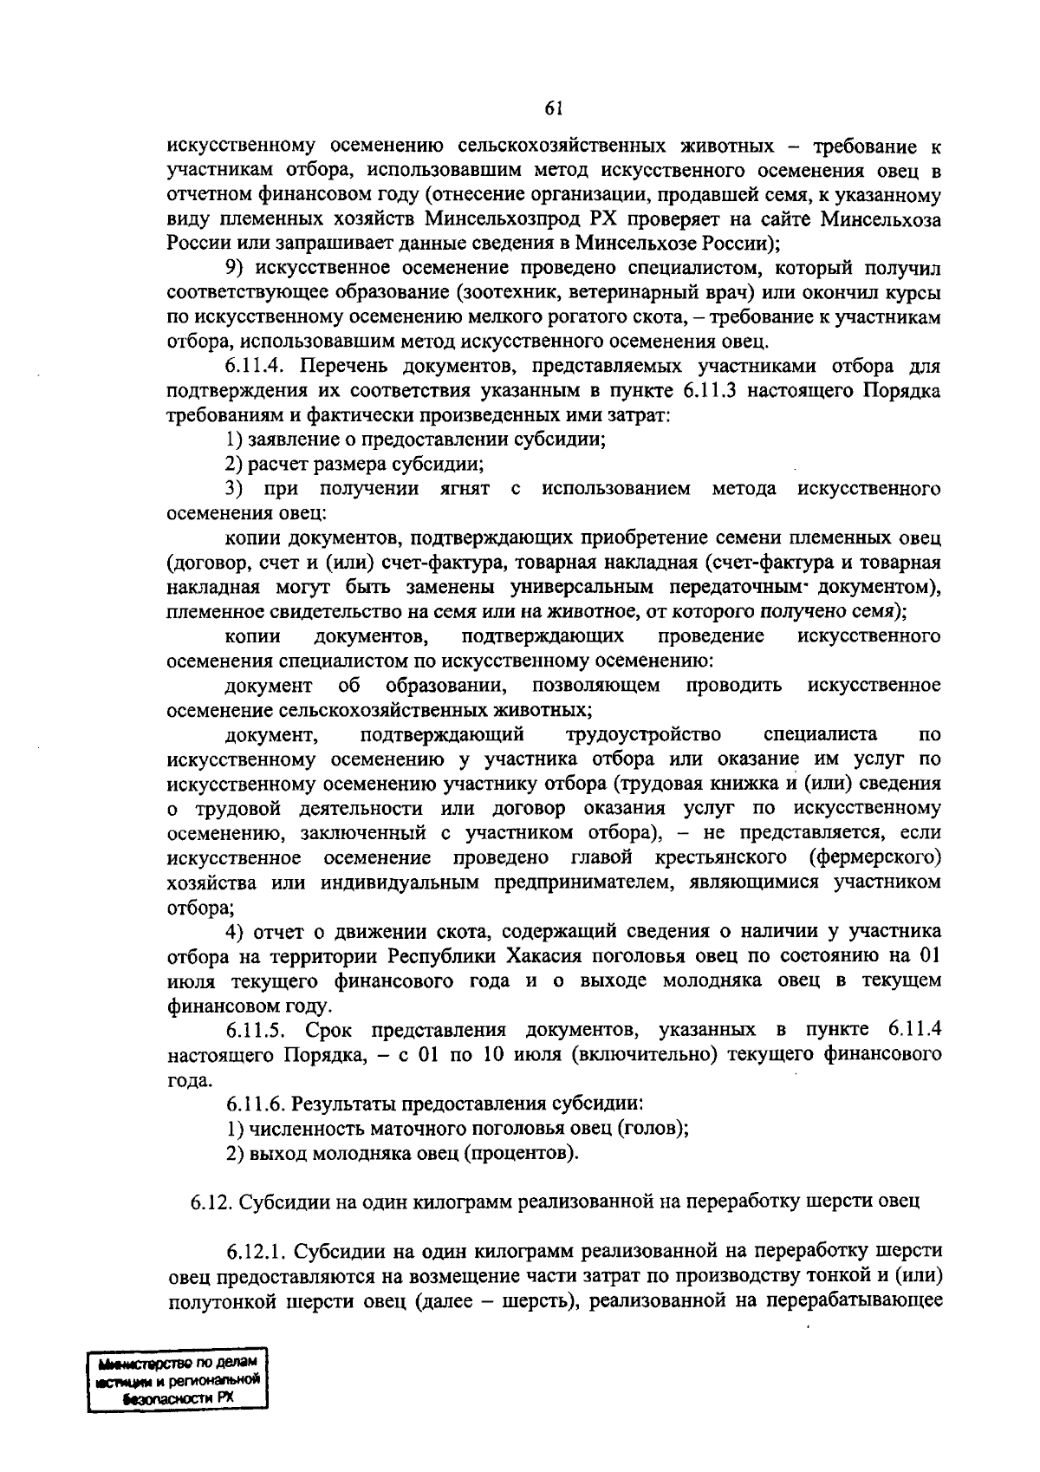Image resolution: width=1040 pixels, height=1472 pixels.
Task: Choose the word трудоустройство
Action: [643, 735]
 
